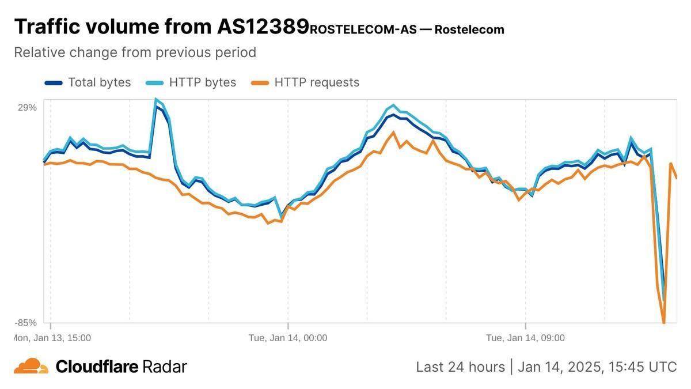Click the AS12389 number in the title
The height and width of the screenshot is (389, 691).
pos(263,27)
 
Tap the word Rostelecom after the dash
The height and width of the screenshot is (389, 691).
pos(469,29)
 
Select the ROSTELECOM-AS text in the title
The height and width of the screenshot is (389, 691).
pos(363,29)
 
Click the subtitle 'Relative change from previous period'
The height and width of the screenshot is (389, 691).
pos(135,52)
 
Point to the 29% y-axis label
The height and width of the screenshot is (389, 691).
pos(28,107)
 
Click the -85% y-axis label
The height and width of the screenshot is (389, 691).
pos(26,322)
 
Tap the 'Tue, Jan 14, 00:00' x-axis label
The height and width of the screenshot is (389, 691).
pos(288,338)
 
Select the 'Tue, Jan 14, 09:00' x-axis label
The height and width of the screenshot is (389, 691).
pos(525,338)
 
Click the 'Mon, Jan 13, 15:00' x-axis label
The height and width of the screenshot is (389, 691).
pos(52,338)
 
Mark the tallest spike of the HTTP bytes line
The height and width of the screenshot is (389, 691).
pos(155,100)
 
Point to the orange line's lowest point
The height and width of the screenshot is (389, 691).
pos(664,322)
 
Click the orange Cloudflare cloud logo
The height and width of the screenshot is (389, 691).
pos(31,366)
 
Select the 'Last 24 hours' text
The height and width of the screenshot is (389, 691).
pos(460,367)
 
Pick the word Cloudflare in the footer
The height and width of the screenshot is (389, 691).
pos(97,367)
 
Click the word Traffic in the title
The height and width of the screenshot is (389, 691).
pos(51,27)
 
